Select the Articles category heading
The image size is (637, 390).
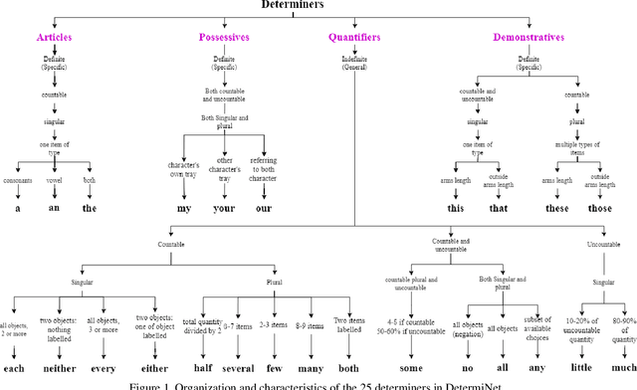pyautogui.click(x=54, y=38)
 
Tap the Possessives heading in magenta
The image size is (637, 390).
pyautogui.click(x=224, y=38)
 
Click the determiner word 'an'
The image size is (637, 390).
pyautogui.click(x=54, y=210)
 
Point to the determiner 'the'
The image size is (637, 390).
pyautogui.click(x=90, y=210)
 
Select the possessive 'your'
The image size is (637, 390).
pyautogui.click(x=226, y=210)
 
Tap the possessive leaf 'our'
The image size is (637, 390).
pyautogui.click(x=264, y=210)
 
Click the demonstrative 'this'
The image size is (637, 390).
pyautogui.click(x=456, y=210)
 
